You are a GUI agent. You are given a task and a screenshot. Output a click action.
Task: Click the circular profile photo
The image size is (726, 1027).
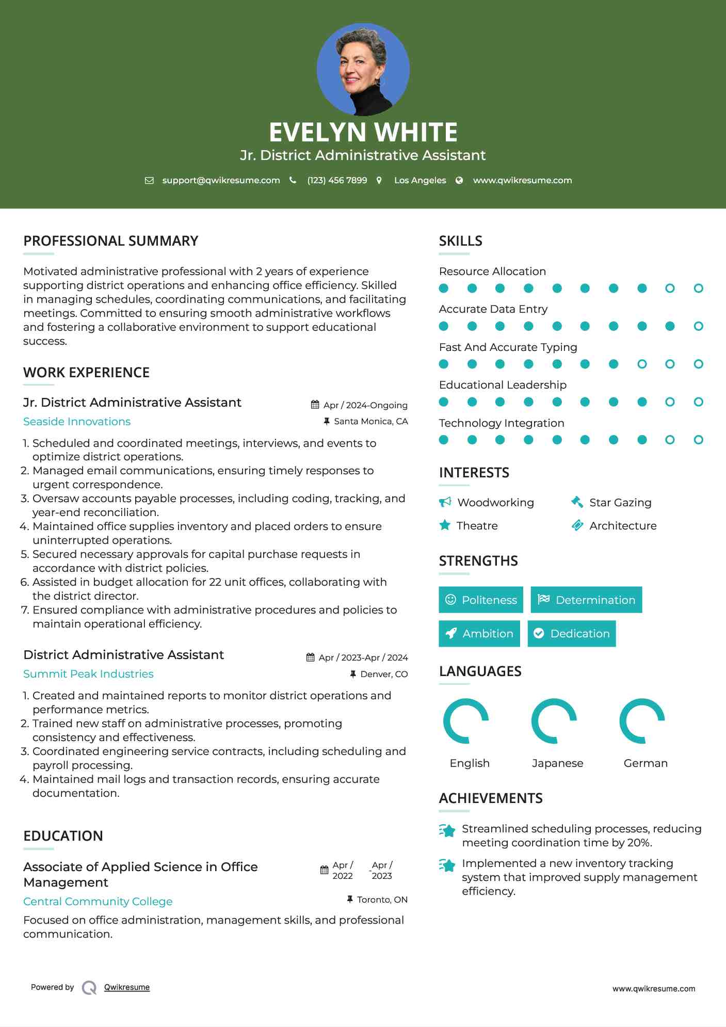click(x=363, y=69)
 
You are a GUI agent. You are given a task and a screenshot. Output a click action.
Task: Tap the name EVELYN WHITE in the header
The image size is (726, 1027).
click(x=363, y=132)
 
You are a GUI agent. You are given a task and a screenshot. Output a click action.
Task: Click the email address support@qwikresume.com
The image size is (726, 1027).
click(x=221, y=180)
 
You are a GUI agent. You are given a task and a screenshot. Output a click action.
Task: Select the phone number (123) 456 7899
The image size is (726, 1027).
click(x=337, y=180)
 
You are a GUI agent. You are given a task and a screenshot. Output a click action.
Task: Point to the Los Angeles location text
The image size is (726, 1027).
click(x=420, y=180)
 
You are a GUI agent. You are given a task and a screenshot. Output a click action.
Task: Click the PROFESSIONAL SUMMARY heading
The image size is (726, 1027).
click(x=111, y=241)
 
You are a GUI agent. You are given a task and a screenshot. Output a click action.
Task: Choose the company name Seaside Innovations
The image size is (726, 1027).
click(x=77, y=422)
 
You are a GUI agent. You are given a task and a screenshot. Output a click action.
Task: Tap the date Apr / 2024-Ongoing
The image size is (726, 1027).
click(x=365, y=405)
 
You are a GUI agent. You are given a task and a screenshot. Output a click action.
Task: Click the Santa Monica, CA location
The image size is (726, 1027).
click(x=370, y=421)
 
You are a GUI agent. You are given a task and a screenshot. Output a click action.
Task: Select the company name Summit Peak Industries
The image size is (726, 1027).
click(x=88, y=674)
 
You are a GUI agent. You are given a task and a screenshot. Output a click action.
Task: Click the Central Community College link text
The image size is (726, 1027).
click(x=98, y=902)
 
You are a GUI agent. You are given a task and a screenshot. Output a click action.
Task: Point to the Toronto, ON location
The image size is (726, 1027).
click(x=382, y=900)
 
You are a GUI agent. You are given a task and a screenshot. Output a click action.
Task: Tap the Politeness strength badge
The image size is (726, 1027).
click(x=481, y=600)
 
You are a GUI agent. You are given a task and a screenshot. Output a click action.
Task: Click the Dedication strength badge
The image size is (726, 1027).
click(x=572, y=633)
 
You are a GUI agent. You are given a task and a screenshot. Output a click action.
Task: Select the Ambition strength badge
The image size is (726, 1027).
click(x=479, y=633)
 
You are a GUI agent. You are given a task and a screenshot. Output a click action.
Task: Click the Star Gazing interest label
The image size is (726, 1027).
click(x=620, y=503)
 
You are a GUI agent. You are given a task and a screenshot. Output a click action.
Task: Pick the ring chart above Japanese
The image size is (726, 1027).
click(x=554, y=721)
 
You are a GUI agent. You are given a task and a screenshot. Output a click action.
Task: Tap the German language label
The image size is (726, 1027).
click(x=646, y=763)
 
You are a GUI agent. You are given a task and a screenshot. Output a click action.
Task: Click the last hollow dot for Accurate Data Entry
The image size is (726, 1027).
click(x=698, y=326)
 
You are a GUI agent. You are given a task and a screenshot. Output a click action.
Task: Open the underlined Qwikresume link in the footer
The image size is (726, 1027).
click(x=127, y=987)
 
